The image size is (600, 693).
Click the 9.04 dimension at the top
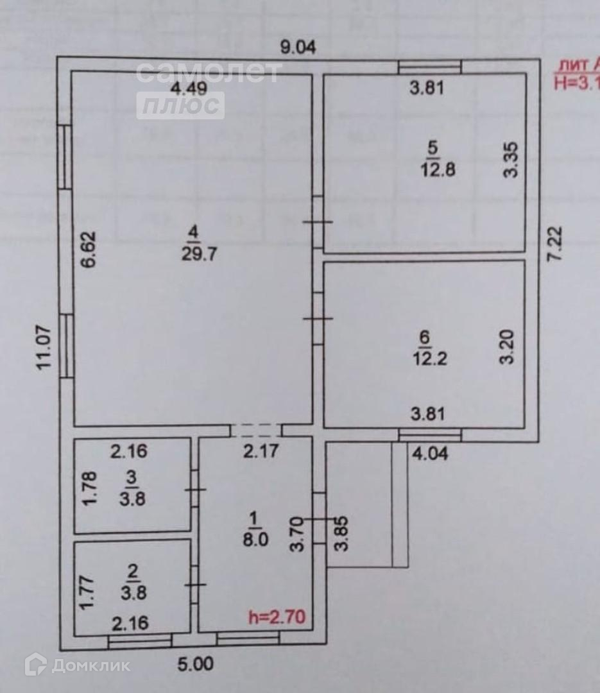tap(298, 47)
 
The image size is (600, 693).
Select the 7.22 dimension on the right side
tap(556, 243)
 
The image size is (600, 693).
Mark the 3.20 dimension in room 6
tap(508, 347)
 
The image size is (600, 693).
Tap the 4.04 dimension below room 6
tap(429, 454)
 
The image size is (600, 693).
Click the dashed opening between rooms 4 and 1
tap(255, 431)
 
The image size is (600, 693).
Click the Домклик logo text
tap(90, 665)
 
